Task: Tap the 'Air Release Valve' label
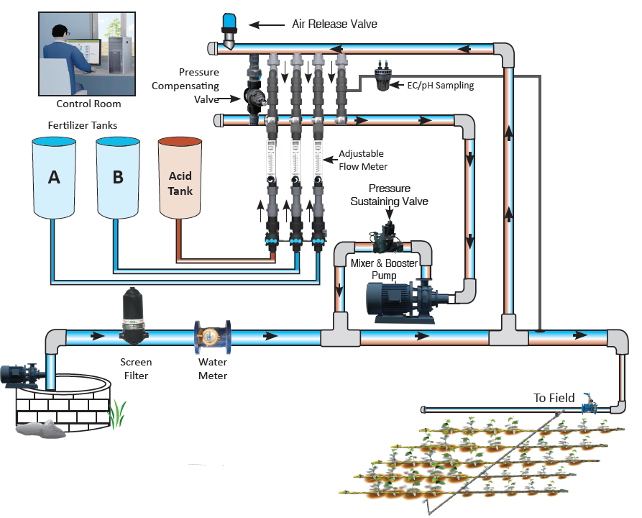[334, 24]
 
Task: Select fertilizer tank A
[54, 177]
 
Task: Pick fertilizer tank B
[118, 177]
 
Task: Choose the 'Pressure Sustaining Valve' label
[389, 195]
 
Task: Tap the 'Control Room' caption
[88, 104]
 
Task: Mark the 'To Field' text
[554, 398]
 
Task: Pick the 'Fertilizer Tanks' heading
[82, 125]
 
